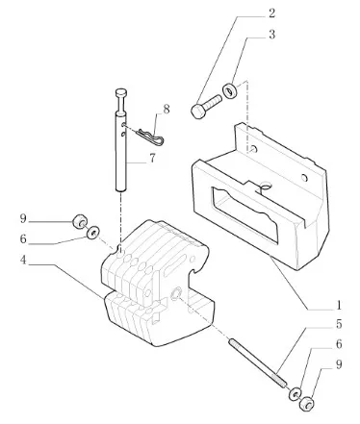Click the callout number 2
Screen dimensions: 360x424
click(271, 13)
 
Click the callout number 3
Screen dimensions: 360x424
click(271, 35)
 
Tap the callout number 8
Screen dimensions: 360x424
click(167, 110)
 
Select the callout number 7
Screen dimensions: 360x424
click(152, 159)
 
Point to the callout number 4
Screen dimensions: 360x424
click(23, 260)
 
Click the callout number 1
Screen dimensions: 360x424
click(339, 305)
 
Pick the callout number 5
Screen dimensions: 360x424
click(339, 324)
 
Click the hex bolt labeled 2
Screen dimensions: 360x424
click(206, 105)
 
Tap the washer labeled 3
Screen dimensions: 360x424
click(229, 91)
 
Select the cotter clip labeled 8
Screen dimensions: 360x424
click(150, 137)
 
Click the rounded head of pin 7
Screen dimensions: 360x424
click(120, 93)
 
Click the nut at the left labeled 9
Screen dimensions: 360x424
click(78, 222)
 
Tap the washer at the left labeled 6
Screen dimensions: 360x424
click(92, 233)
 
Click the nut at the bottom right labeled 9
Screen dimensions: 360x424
click(306, 403)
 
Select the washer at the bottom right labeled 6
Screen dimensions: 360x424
click(295, 393)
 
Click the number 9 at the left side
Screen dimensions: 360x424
click(23, 219)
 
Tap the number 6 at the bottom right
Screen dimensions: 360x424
click(339, 344)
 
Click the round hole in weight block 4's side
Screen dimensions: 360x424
click(176, 294)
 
